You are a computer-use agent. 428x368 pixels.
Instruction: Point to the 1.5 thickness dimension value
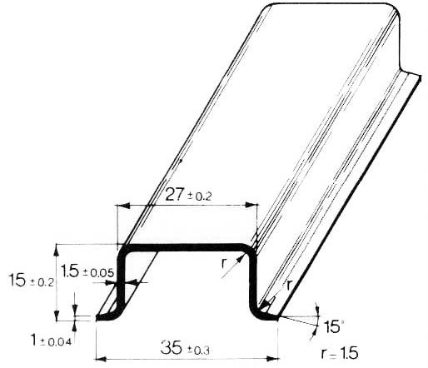[71, 271]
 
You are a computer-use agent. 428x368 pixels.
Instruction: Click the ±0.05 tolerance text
[100, 272]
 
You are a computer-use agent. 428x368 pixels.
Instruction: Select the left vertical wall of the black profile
[122, 279]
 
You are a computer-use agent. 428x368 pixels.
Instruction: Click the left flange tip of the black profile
[101, 316]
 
